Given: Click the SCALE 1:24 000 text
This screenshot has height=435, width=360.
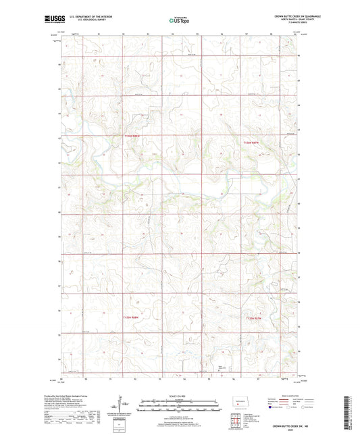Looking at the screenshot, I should point(179,396).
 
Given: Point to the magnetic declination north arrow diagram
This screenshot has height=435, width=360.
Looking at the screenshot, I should point(124,403).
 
